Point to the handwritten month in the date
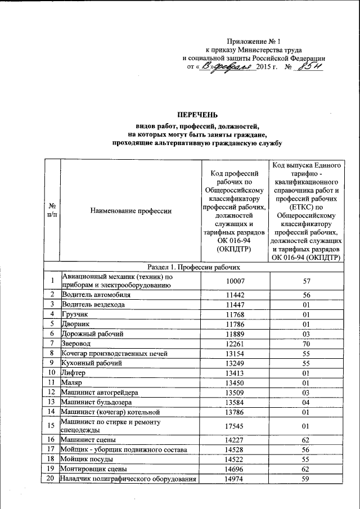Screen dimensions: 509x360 click(x=231, y=68)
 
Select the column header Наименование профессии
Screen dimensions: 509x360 click(x=130, y=211)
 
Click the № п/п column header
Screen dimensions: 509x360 click(x=52, y=211)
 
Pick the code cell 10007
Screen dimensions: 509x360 click(x=235, y=281)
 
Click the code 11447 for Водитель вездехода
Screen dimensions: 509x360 click(x=235, y=304)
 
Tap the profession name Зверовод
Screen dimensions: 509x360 click(x=76, y=343)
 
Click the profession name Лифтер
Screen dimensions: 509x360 click(x=74, y=372)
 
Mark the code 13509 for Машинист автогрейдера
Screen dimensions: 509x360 click(x=235, y=392)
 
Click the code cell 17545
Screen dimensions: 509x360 click(x=235, y=426)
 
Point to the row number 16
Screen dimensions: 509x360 click(x=52, y=440)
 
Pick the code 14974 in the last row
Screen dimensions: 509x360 click(x=235, y=479)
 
